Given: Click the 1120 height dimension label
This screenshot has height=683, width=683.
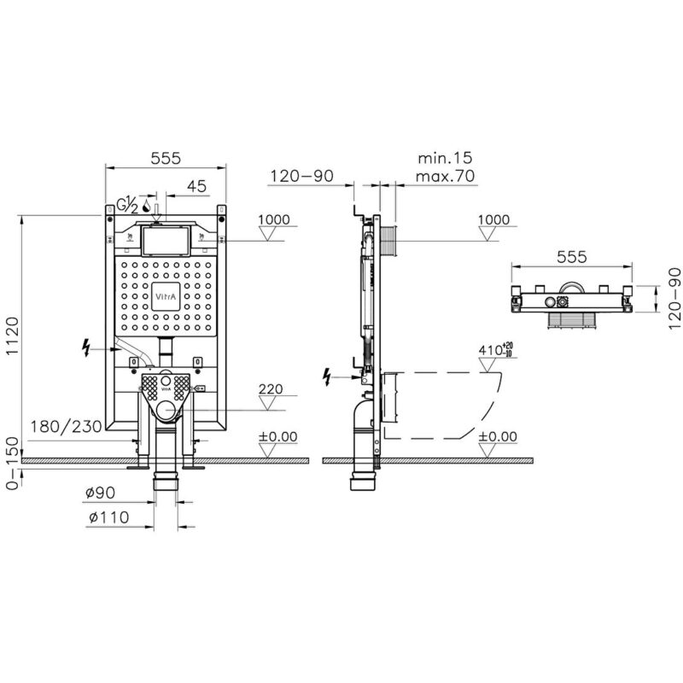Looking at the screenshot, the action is pyautogui.click(x=13, y=336).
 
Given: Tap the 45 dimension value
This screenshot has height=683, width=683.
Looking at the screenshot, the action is pyautogui.click(x=196, y=186).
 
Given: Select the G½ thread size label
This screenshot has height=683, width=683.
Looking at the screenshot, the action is pyautogui.click(x=128, y=205).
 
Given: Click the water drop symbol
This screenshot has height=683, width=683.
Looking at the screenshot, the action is pyautogui.click(x=146, y=207).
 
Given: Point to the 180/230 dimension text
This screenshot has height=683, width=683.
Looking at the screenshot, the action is pyautogui.click(x=66, y=426).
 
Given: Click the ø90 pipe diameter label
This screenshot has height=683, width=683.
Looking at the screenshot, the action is pyautogui.click(x=100, y=493).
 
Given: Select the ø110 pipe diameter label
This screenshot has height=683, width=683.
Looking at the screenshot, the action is pyautogui.click(x=109, y=517).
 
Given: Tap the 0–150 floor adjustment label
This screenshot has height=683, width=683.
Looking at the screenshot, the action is pyautogui.click(x=13, y=463).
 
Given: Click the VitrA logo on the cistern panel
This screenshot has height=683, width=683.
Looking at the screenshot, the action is pyautogui.click(x=166, y=296).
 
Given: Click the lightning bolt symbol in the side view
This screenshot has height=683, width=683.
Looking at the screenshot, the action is pyautogui.click(x=326, y=377).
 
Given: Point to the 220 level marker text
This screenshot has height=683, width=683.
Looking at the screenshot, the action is pyautogui.click(x=271, y=388).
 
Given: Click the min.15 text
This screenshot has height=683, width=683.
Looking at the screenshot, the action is pyautogui.click(x=445, y=158).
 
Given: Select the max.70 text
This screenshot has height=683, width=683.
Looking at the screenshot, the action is pyautogui.click(x=445, y=176).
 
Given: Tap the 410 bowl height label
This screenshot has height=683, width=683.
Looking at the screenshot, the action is pyautogui.click(x=496, y=350).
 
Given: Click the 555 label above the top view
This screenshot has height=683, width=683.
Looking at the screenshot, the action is pyautogui.click(x=571, y=257).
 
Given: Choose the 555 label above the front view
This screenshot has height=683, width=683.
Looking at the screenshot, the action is pyautogui.click(x=166, y=158).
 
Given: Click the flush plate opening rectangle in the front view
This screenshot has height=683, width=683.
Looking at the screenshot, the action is pyautogui.click(x=166, y=241).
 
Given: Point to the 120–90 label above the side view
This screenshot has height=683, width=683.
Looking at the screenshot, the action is pyautogui.click(x=301, y=176).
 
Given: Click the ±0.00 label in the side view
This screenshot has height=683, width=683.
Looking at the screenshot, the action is pyautogui.click(x=497, y=436).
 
